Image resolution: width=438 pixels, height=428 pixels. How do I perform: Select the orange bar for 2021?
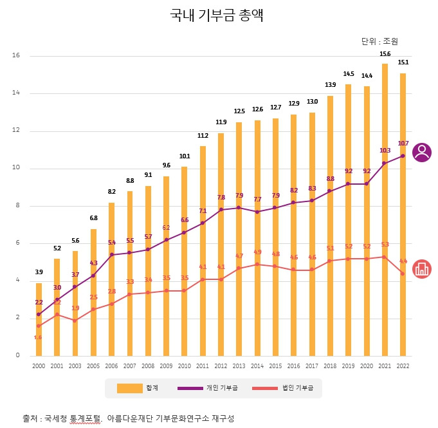click(385, 209)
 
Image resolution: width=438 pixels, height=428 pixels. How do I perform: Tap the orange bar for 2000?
click(39, 319)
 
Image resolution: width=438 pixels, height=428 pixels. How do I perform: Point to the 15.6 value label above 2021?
click(385, 54)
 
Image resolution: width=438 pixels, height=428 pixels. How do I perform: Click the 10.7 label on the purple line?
click(403, 144)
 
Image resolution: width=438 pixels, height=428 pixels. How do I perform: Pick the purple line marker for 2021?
click(385, 163)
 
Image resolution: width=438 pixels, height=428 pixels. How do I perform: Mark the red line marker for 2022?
click(403, 274)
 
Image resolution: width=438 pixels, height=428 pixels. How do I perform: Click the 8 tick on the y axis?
click(18, 206)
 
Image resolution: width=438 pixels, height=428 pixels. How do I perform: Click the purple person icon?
click(422, 153)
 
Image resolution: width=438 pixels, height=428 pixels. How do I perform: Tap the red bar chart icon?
click(422, 269)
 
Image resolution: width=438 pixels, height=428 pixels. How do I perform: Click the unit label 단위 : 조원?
click(379, 41)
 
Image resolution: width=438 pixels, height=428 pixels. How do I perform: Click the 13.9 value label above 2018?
click(331, 85)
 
